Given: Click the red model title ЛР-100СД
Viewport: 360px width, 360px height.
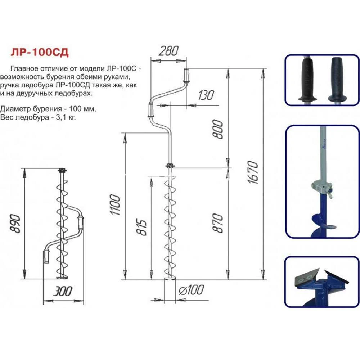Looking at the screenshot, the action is pyautogui.click(x=40, y=52).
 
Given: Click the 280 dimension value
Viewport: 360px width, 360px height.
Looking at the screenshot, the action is pyautogui.click(x=168, y=51).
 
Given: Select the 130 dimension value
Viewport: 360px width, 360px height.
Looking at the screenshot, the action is pyautogui.click(x=206, y=95).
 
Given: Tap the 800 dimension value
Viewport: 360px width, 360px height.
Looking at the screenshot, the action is pyautogui.click(x=217, y=129).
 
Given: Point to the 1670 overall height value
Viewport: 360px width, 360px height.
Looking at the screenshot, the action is pyautogui.click(x=253, y=172).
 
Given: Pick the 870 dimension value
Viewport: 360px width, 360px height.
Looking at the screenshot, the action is pyautogui.click(x=217, y=223).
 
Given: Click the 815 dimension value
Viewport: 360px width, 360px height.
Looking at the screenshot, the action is pyautogui.click(x=141, y=228).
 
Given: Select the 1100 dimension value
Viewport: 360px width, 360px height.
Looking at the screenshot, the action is pyautogui.click(x=115, y=204).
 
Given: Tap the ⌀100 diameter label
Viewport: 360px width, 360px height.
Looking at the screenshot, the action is pyautogui.click(x=191, y=290).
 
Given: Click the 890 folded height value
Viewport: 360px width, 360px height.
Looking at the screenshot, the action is pyautogui.click(x=15, y=224).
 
